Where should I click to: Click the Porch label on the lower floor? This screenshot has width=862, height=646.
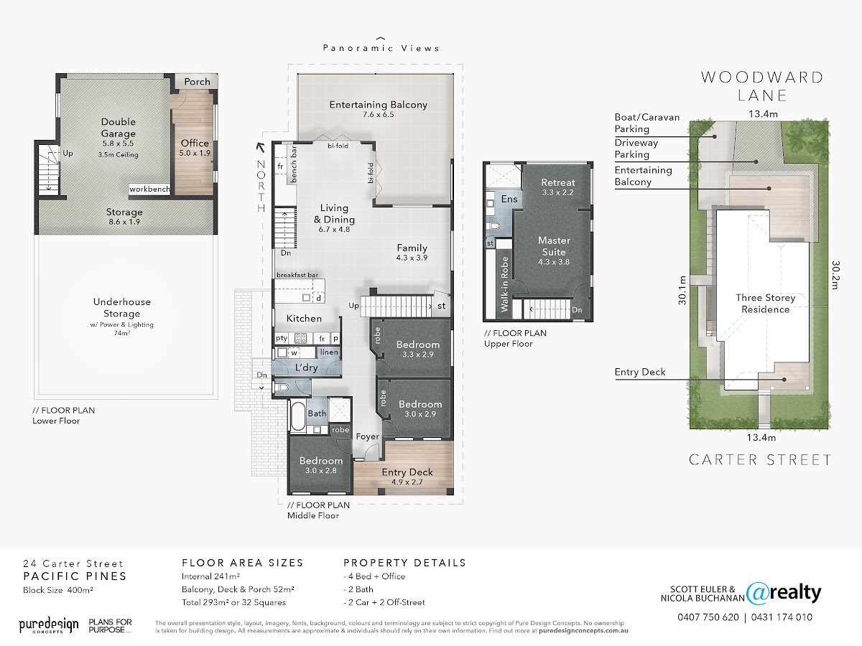197,82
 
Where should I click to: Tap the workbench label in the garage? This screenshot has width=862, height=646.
149,189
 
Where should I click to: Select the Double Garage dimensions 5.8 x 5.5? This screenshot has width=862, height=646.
119,144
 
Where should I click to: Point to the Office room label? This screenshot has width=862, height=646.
195,143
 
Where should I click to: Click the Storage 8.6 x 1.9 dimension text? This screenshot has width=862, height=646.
124,222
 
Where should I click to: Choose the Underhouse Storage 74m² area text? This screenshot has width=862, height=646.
121,333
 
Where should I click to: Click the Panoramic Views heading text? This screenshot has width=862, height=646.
381,48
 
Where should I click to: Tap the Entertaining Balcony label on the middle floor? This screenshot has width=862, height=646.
378,105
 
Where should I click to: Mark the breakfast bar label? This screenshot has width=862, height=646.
297,275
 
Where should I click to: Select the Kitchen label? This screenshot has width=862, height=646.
304,319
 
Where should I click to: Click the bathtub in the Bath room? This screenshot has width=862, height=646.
298,416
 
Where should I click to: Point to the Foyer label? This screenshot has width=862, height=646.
368,436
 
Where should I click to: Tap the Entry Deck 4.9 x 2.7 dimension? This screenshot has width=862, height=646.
407,482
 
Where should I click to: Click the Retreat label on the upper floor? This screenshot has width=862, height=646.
557,182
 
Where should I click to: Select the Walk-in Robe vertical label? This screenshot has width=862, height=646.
505,284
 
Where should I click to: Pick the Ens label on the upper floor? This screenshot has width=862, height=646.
509,200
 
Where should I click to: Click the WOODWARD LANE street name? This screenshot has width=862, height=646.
762,86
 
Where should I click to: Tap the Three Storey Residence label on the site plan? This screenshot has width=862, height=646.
766,304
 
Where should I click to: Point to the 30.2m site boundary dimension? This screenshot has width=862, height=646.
835,275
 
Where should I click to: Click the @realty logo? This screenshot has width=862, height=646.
784,594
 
